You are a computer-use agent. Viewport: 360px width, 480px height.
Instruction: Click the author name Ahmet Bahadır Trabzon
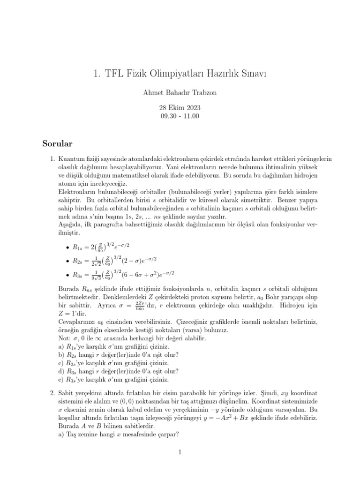click(180, 92)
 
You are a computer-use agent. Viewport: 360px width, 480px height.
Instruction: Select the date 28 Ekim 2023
click(180, 107)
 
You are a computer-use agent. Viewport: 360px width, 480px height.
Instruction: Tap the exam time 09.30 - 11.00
click(180, 116)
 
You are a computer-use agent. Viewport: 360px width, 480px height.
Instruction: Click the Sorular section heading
click(58, 142)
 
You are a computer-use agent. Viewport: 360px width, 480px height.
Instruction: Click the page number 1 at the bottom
click(180, 452)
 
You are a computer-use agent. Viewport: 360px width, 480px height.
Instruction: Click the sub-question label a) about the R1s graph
click(61, 346)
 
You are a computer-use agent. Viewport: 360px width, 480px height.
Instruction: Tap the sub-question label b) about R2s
click(61, 355)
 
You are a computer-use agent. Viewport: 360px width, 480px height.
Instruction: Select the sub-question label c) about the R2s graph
click(61, 363)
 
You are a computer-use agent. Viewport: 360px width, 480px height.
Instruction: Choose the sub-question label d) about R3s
click(61, 372)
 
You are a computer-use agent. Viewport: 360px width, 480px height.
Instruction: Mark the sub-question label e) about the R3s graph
click(61, 380)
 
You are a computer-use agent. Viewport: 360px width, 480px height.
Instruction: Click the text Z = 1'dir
click(74, 313)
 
